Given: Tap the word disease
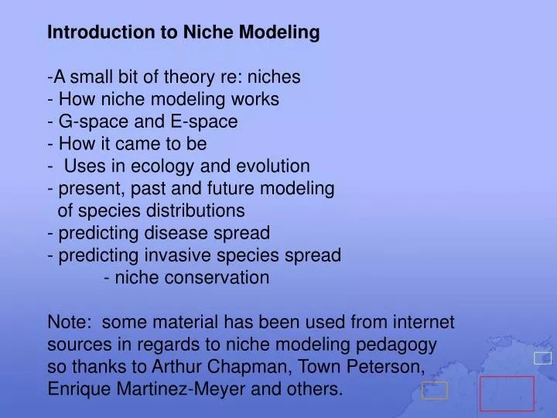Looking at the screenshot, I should [x=181, y=233].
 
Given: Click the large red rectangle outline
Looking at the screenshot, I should [x=507, y=393].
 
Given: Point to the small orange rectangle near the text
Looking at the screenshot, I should [x=436, y=391].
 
